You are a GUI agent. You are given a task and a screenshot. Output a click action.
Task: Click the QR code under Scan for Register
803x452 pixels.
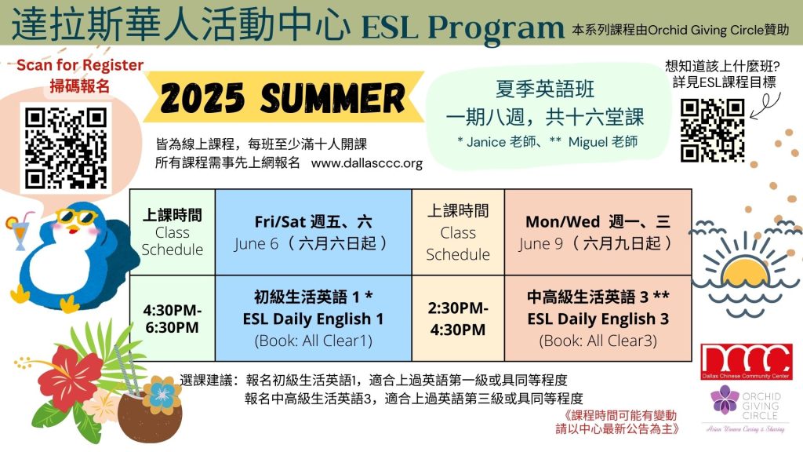[x=66, y=148]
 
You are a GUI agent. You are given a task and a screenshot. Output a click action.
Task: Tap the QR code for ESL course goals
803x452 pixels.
[x=712, y=131]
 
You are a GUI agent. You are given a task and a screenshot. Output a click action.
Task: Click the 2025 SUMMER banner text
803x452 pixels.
[x=282, y=97]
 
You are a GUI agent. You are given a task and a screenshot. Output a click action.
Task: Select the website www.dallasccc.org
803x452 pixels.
[x=367, y=163]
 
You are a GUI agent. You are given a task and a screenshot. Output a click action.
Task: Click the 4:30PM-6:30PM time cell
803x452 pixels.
[x=172, y=319]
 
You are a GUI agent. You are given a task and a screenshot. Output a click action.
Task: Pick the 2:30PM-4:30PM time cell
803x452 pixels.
[x=458, y=319]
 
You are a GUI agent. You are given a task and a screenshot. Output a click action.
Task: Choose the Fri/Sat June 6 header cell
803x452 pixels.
[x=314, y=232]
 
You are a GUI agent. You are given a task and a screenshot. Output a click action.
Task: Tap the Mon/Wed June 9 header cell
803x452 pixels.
[x=598, y=232]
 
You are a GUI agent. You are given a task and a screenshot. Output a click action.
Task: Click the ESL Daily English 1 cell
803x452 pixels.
[x=314, y=319]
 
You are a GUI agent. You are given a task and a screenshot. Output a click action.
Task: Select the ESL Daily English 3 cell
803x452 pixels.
[x=598, y=319]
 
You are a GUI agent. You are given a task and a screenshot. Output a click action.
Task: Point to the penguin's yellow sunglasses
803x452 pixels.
[x=77, y=217]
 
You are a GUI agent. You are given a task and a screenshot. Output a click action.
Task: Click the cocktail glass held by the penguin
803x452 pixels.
[x=18, y=231]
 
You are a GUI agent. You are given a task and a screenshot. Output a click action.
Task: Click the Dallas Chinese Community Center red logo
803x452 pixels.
[x=747, y=362]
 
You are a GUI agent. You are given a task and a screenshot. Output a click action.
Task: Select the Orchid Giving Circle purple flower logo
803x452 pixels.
[x=725, y=400]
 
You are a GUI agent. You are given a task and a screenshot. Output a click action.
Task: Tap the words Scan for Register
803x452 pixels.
[x=80, y=65]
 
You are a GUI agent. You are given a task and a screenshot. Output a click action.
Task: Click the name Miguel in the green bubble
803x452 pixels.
[x=587, y=142]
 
